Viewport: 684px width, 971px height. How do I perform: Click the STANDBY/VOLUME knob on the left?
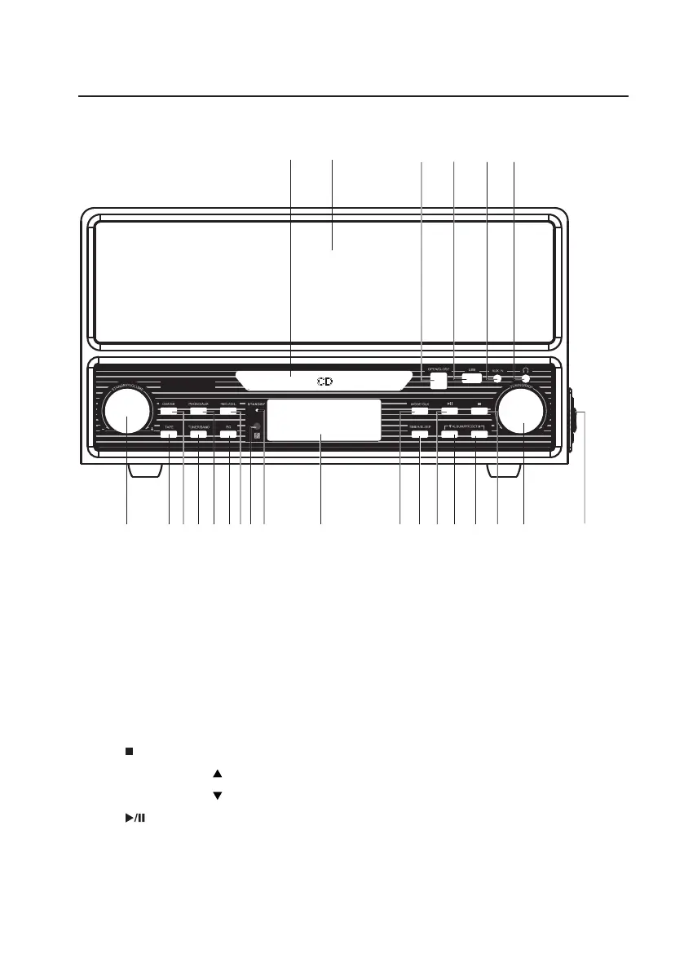127,413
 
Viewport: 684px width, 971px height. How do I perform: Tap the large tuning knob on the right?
522,412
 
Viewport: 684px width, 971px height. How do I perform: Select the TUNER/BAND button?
198,435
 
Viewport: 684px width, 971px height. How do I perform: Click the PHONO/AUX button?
198,412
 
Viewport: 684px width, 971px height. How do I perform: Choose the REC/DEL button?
228,412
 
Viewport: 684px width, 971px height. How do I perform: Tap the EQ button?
229,435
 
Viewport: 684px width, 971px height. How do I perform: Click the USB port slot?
471,377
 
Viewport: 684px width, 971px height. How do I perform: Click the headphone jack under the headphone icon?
526,377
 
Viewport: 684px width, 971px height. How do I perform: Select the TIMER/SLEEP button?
419,435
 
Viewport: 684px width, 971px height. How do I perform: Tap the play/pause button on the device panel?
450,411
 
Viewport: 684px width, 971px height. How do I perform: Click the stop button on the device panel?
480,411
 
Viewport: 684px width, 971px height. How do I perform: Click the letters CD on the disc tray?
325,382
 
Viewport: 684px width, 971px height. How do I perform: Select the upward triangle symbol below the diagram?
217,772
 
